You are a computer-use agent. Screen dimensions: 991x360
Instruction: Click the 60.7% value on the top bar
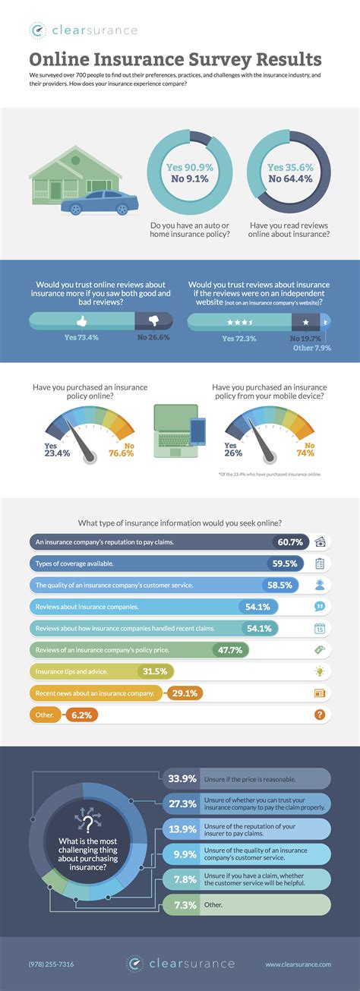click(x=289, y=542)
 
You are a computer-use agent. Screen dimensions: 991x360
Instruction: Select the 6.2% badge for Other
click(x=81, y=715)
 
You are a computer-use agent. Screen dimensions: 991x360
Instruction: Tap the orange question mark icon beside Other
click(x=320, y=715)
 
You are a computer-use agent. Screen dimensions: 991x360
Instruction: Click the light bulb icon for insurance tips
click(x=320, y=671)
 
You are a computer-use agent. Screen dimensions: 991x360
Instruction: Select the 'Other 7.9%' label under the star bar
click(x=312, y=349)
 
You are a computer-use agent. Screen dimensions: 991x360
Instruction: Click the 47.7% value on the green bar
click(x=229, y=650)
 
